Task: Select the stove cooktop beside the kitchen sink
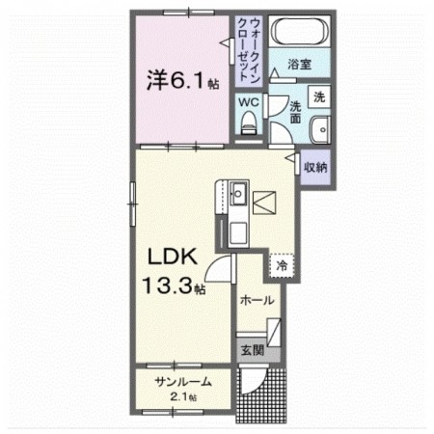click(x=264, y=201)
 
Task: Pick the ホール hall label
click(x=257, y=300)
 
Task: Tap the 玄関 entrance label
click(x=249, y=349)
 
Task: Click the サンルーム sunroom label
click(x=183, y=382)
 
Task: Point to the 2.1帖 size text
click(x=183, y=396)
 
